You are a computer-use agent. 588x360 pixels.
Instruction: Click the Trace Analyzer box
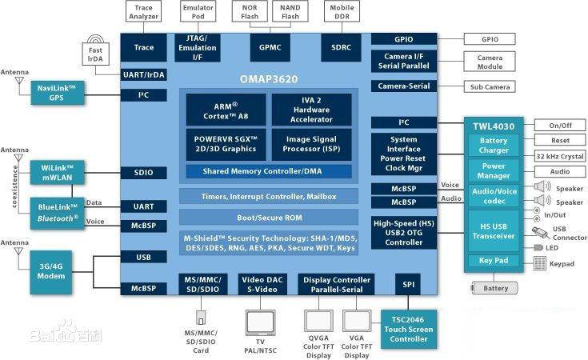144,11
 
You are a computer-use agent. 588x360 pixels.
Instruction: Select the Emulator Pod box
197,11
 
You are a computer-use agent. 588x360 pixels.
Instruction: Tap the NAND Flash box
290,11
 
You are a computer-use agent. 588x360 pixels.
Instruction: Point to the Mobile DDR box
341,11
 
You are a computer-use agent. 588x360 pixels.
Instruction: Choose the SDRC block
341,47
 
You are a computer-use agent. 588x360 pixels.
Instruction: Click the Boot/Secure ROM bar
268,217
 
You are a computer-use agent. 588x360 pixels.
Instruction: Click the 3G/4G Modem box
51,270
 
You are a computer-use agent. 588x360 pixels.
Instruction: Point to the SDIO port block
144,172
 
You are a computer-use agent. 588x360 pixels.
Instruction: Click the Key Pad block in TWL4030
494,261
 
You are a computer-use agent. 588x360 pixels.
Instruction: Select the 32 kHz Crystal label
560,155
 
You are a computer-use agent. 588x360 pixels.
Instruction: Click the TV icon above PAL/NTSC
262,319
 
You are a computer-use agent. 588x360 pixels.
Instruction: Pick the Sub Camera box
490,86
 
